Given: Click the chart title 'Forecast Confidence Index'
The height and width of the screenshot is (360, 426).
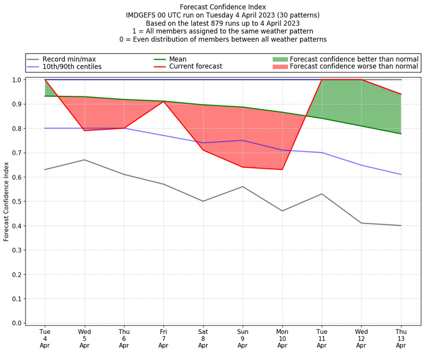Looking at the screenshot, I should coord(223,7).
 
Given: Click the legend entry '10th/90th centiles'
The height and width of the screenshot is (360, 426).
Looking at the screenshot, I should coord(72,67).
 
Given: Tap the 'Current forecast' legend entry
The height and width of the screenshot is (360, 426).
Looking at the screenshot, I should coord(195,67).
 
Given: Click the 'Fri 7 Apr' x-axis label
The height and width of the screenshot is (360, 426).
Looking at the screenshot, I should coord(163,338).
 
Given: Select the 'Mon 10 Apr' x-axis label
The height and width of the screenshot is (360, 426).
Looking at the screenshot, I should coord(282,338).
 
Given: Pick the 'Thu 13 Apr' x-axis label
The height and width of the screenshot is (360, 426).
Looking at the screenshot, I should coord(401,338).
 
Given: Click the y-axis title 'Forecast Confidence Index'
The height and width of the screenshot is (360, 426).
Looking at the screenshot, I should coord(6,201).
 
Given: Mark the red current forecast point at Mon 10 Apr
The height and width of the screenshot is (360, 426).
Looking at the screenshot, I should coord(282,169).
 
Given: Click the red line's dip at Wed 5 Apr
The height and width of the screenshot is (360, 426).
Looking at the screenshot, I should coord(85,130).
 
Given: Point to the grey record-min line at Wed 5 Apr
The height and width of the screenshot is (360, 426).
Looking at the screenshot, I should coord(85,160).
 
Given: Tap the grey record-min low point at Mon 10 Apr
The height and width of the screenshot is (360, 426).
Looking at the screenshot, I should coord(282,211).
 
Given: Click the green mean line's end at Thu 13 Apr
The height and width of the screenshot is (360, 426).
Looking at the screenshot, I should coord(401,134).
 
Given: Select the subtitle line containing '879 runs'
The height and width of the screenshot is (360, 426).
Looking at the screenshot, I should coord(223,23).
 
